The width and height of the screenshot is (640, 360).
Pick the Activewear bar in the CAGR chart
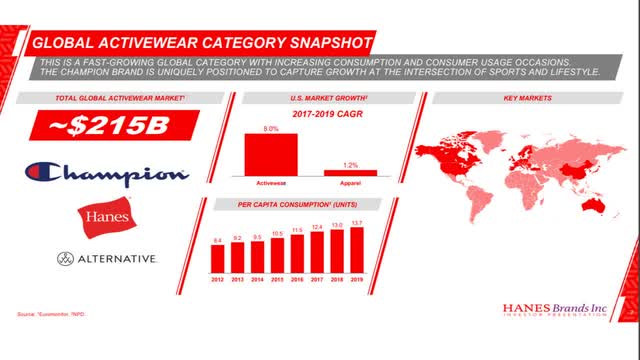click(270, 154)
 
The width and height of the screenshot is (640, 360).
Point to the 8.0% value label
click(270, 129)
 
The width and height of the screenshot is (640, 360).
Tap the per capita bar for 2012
click(217, 259)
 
